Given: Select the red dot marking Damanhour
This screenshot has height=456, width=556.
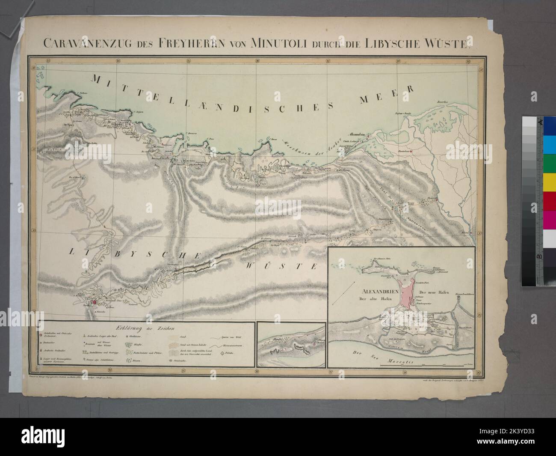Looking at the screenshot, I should click(x=411, y=151).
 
